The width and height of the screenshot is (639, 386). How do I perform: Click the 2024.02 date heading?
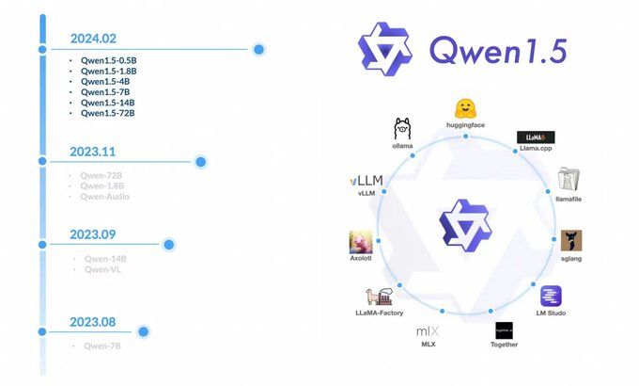pos(93,40)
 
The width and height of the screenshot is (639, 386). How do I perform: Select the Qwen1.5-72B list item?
pos(108,113)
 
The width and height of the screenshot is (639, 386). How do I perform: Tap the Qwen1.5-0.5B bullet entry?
pos(108,60)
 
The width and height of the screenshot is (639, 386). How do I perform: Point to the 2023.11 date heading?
pos(93,151)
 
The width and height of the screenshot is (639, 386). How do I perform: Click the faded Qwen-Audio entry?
pos(105,196)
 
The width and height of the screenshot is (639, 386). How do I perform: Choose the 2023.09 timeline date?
pos(93,233)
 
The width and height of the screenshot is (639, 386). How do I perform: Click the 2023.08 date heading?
pos(93,322)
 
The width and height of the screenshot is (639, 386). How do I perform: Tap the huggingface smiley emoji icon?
pos(464,108)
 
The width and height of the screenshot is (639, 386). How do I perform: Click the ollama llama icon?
pos(403,129)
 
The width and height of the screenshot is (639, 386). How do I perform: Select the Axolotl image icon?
pos(362,242)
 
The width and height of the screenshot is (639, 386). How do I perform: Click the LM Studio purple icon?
pos(551,296)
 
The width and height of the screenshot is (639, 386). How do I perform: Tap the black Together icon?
pos(505,331)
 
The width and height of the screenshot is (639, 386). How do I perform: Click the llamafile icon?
pos(569,179)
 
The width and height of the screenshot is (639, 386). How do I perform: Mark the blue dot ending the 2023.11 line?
pos(200,162)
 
